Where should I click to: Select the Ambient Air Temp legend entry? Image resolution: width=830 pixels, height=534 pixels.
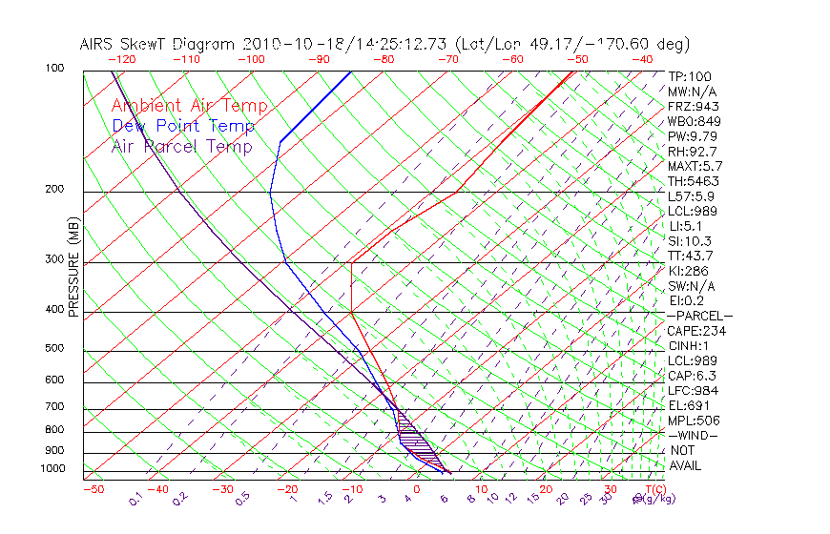[189, 106]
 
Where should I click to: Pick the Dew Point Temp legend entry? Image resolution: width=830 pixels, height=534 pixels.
[183, 126]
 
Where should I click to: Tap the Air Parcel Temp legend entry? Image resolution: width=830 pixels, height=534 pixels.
[182, 146]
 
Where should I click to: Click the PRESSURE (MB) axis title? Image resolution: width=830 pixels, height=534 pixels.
[73, 272]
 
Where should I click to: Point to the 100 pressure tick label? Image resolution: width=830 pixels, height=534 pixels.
[54, 69]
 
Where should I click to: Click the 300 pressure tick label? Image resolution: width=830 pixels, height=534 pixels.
[54, 259]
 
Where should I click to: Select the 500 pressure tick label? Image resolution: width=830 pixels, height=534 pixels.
[54, 349]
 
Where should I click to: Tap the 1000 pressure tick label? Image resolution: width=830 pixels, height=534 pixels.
[52, 469]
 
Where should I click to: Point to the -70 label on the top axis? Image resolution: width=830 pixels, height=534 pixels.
[446, 59]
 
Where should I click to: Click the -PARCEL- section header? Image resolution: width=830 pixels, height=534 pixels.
[699, 316]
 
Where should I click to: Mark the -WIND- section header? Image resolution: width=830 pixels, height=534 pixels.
[694, 435]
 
